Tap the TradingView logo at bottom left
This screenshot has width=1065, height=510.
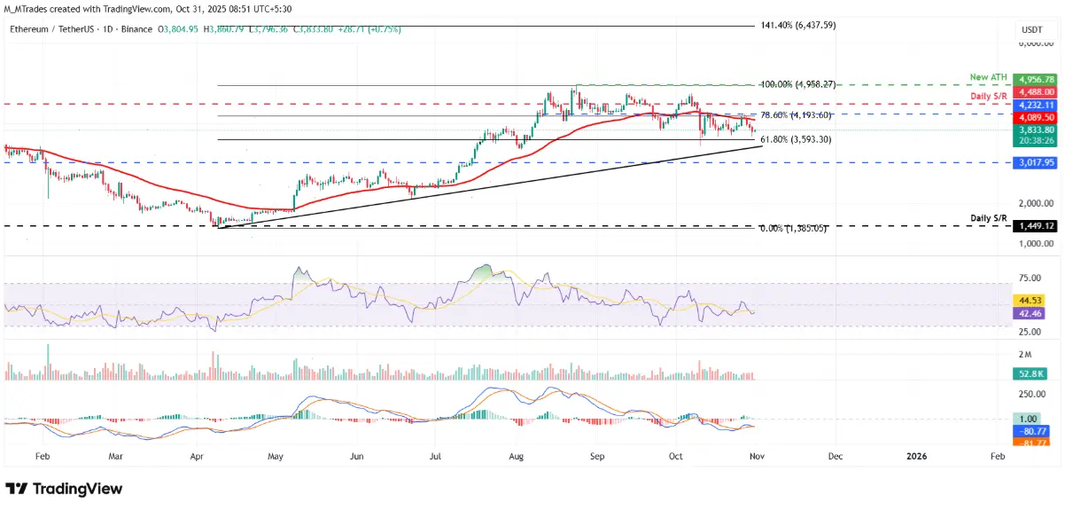click(x=64, y=489)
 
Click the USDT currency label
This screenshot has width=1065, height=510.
click(x=1032, y=29)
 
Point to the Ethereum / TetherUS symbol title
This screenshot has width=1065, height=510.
click(x=54, y=29)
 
